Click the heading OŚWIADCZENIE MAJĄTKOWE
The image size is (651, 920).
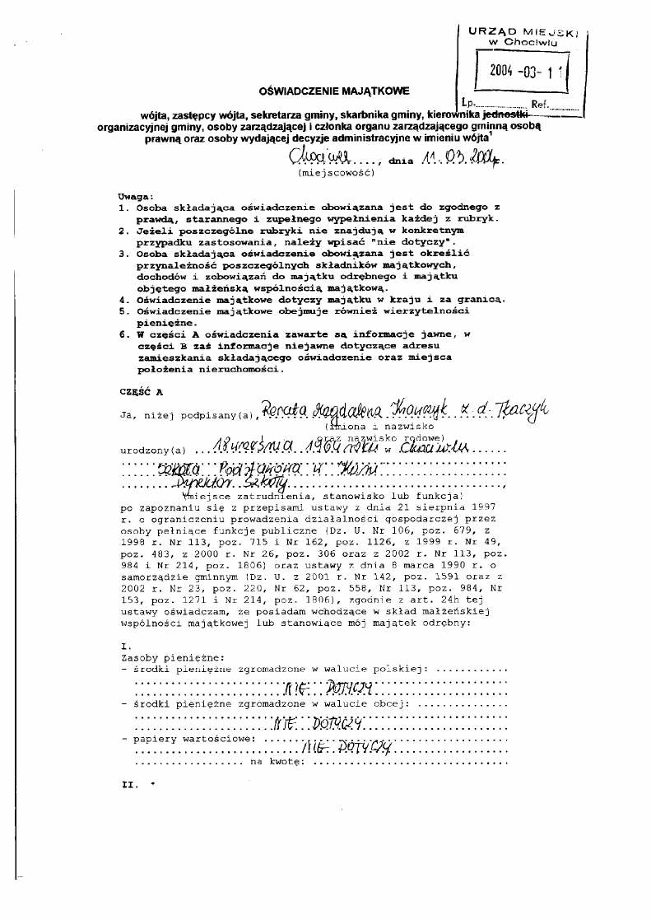(x=334, y=91)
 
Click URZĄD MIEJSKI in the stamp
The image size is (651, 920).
(x=523, y=31)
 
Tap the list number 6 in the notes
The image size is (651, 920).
(x=121, y=334)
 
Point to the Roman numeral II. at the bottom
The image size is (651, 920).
(x=128, y=784)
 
